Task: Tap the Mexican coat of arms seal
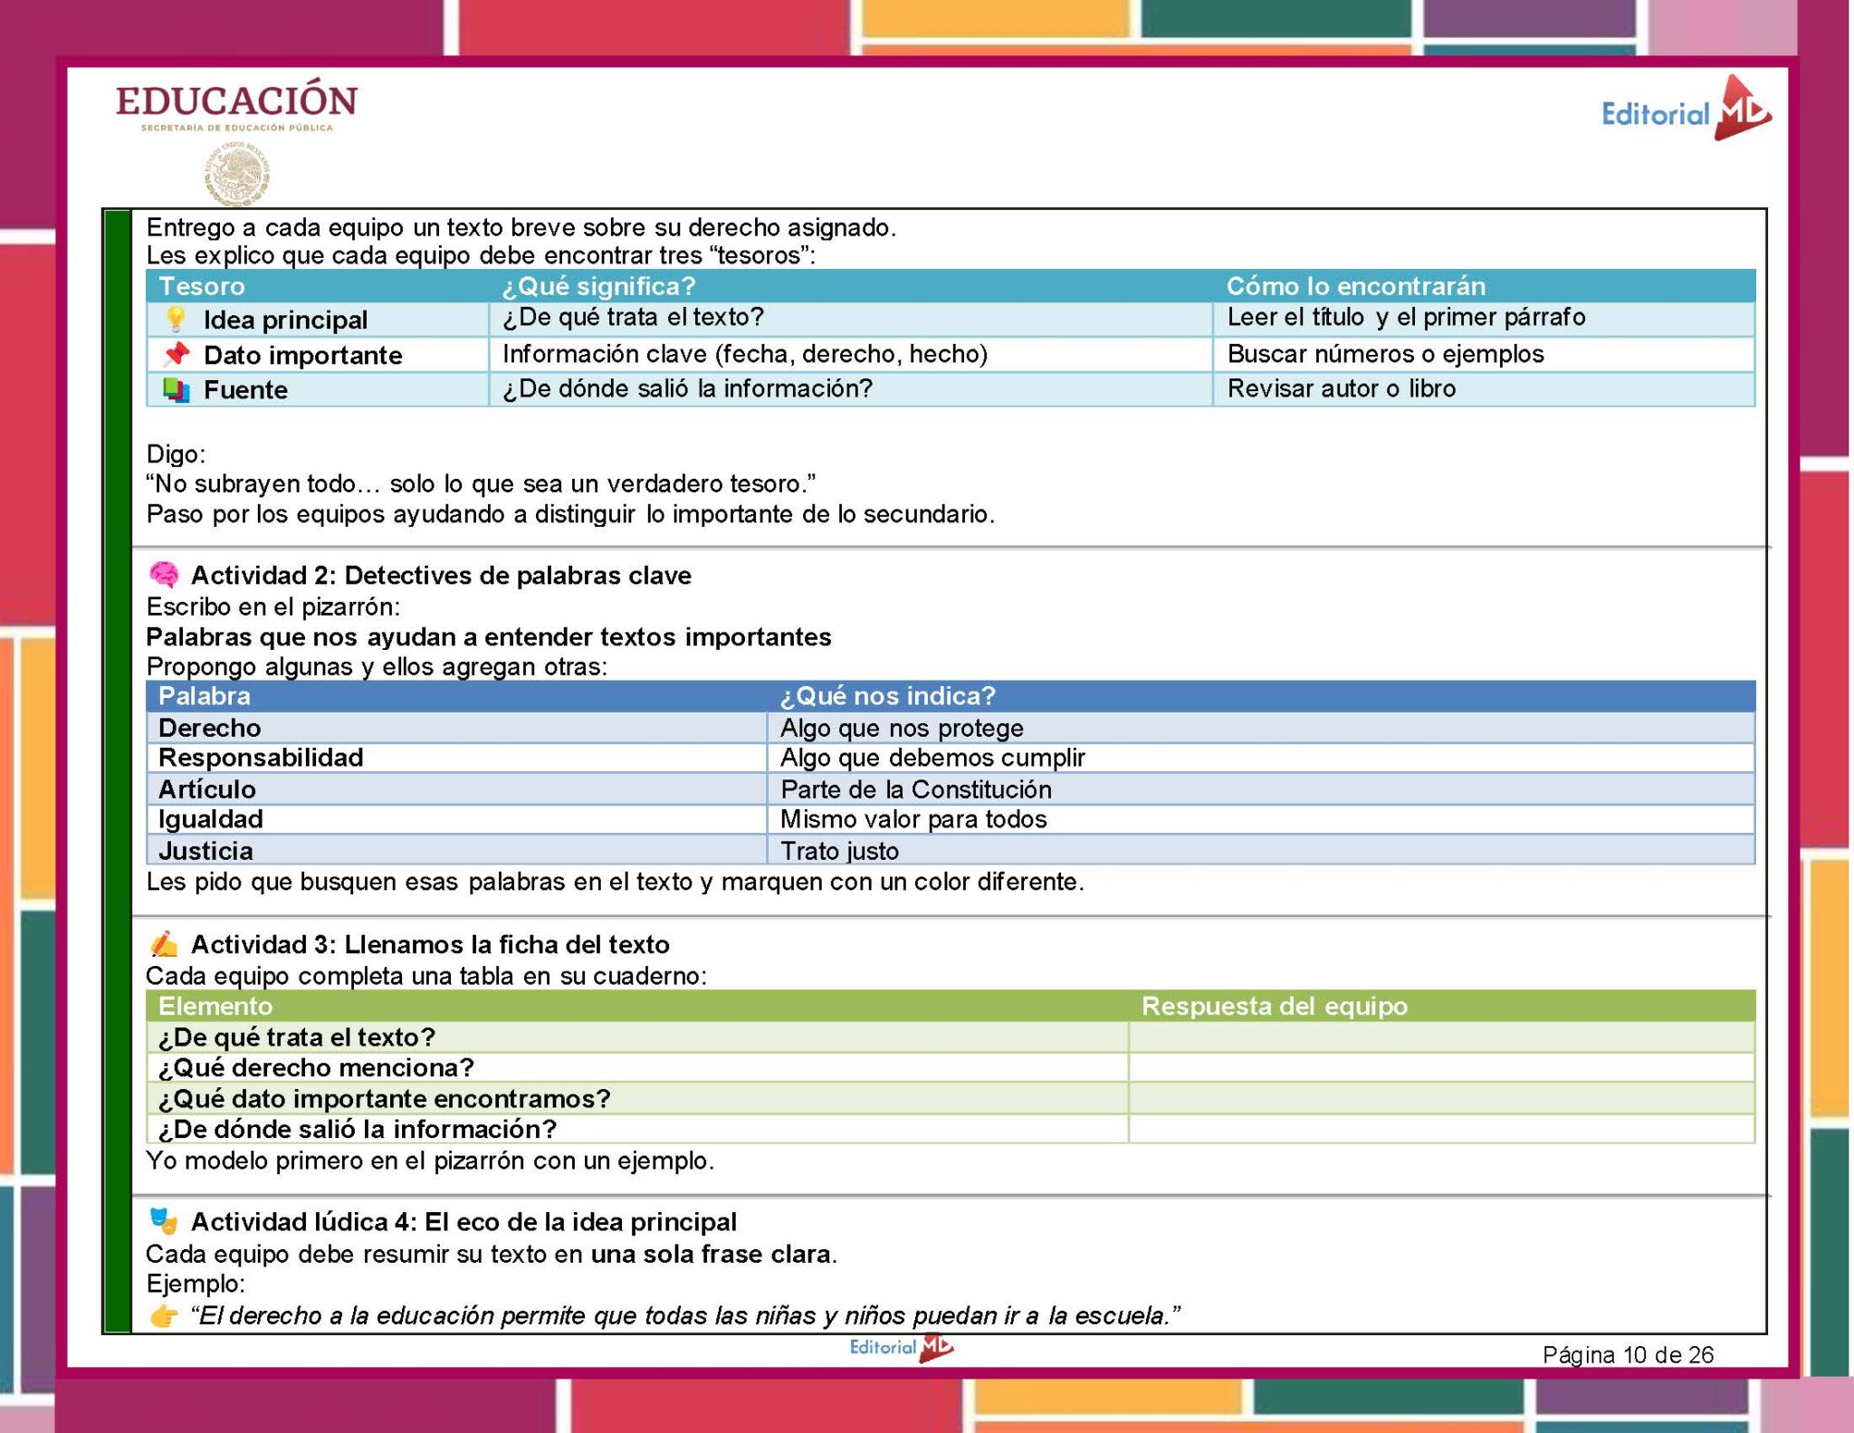click(237, 174)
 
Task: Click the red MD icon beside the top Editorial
click(1742, 110)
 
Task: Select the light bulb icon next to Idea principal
click(176, 319)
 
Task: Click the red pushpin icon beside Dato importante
click(177, 354)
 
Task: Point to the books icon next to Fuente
click(176, 389)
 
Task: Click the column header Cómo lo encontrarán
click(1355, 286)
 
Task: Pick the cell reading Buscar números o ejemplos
click(1385, 354)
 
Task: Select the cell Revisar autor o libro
click(1341, 388)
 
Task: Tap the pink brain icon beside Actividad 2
click(164, 575)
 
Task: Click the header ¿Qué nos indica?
click(887, 695)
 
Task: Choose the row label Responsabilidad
click(261, 757)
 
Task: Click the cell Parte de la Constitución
click(915, 789)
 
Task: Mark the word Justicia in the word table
click(205, 851)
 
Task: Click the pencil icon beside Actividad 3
click(164, 944)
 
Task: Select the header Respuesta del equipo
click(1274, 1006)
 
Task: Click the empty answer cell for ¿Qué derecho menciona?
click(1440, 1067)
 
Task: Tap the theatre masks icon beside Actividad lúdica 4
click(164, 1221)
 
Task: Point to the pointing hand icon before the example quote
click(164, 1315)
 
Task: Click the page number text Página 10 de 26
click(1628, 1354)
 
